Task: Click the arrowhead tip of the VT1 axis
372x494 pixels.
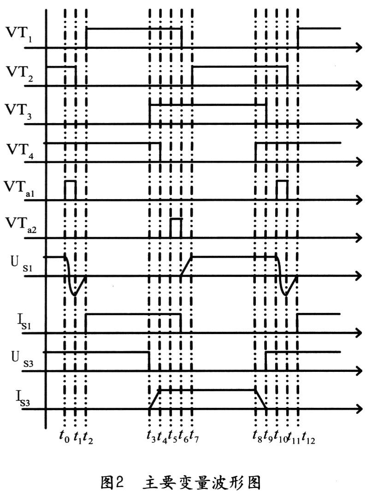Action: pos(362,48)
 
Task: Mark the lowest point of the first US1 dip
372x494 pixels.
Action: pos(75,295)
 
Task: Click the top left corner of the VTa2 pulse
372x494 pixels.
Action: pos(171,219)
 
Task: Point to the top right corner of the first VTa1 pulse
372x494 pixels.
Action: pos(76,181)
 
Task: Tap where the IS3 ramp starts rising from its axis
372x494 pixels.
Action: pos(149,409)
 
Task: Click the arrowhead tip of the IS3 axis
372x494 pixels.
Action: pos(362,409)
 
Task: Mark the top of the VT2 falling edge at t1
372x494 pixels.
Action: pos(76,67)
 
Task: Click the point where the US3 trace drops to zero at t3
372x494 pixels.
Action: pos(149,371)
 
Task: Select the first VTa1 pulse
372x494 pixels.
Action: pos(71,190)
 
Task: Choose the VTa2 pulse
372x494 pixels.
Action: pos(176,228)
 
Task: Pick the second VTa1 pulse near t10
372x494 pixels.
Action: pos(282,190)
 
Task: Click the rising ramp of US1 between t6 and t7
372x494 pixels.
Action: pos(186,266)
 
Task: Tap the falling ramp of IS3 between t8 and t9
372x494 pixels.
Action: pos(260,400)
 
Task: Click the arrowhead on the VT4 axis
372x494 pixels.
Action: pos(359,162)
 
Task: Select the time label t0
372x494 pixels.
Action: pos(65,437)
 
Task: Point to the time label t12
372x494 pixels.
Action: pos(308,438)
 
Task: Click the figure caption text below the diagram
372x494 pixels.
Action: pos(181,482)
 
